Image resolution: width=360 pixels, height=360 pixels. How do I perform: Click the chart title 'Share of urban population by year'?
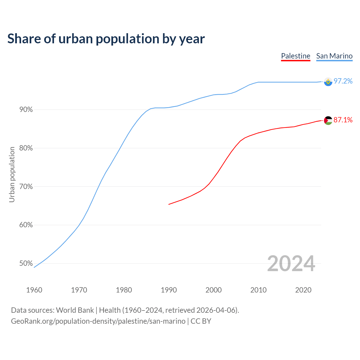[x=106, y=39]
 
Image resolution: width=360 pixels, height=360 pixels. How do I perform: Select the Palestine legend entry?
[x=296, y=56]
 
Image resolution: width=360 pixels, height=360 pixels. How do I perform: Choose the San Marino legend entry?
[x=334, y=56]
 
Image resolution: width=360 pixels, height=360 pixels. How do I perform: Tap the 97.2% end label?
[x=343, y=81]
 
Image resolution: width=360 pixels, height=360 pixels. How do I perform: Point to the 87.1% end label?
[x=343, y=120]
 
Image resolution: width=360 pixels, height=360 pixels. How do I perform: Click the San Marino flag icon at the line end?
[x=328, y=82]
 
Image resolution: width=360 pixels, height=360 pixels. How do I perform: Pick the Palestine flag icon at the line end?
[x=328, y=120]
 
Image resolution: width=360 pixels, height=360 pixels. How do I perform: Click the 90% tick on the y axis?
[x=26, y=110]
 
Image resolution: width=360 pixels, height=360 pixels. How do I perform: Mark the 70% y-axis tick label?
[x=26, y=187]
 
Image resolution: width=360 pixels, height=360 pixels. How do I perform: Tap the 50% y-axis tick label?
[x=26, y=264]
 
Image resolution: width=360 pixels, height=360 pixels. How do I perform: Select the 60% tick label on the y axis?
[x=26, y=225]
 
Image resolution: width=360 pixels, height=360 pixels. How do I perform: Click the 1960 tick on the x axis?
[x=34, y=290]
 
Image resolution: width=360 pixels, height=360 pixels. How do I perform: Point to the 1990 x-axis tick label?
[x=169, y=290]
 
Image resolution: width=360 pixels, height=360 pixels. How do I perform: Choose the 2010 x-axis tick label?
[x=258, y=290]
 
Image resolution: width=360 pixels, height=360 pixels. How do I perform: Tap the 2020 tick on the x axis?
[x=303, y=290]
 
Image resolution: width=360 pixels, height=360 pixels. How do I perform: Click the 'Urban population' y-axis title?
[x=12, y=174]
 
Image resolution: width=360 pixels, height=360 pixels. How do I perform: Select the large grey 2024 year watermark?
[x=291, y=264]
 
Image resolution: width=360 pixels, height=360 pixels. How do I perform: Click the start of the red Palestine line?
[x=169, y=204]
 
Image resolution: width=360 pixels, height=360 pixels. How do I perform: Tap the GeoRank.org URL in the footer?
[x=98, y=321]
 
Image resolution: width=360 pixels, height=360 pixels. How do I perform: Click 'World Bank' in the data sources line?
[x=75, y=310]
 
